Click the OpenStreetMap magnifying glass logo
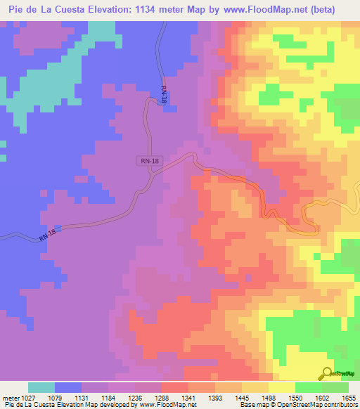tap(327, 374)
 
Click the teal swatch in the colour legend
tap(41, 387)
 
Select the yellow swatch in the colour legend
tap(282, 387)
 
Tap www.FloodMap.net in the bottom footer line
tap(167, 405)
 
